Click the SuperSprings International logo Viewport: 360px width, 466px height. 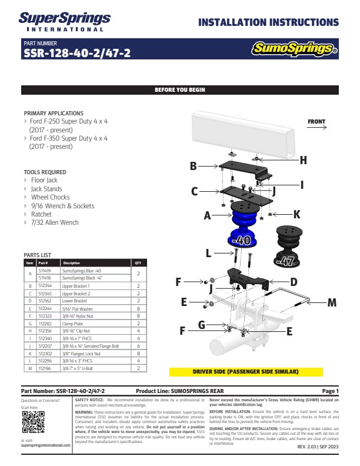tap(61, 22)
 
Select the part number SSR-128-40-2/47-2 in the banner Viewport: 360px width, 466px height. tap(77, 54)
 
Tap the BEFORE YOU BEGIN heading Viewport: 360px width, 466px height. tap(179, 90)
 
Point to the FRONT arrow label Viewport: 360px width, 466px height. tap(316, 122)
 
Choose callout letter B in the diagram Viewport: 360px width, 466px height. tap(193, 167)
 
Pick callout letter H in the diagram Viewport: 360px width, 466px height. tap(304, 160)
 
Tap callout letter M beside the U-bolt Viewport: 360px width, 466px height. tap(332, 302)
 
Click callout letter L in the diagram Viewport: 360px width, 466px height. tap(208, 254)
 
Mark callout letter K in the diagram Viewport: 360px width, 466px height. tap(296, 214)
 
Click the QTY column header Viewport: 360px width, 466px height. tap(138, 263)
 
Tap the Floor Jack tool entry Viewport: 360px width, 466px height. tap(45, 181)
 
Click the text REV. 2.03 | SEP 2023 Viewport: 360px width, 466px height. tap(318, 447)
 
